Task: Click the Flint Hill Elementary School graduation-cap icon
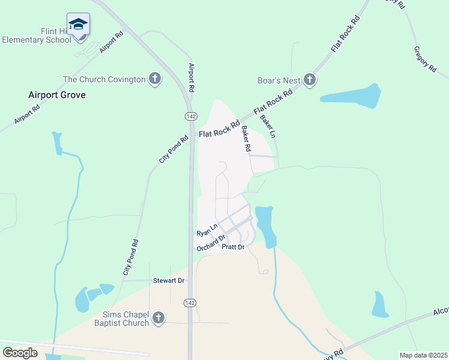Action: pos(78,25)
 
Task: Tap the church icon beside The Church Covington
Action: pos(155,79)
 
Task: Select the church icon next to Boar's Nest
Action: pos(310,80)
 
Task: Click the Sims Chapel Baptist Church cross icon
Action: pos(158,318)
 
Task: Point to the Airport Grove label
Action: pos(57,95)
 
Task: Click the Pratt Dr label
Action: pos(233,247)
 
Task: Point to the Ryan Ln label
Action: pos(205,232)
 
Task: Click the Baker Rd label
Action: pos(246,138)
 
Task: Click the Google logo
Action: pos(20,352)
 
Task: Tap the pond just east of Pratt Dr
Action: pos(265,225)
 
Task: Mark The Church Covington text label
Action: pos(104,79)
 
